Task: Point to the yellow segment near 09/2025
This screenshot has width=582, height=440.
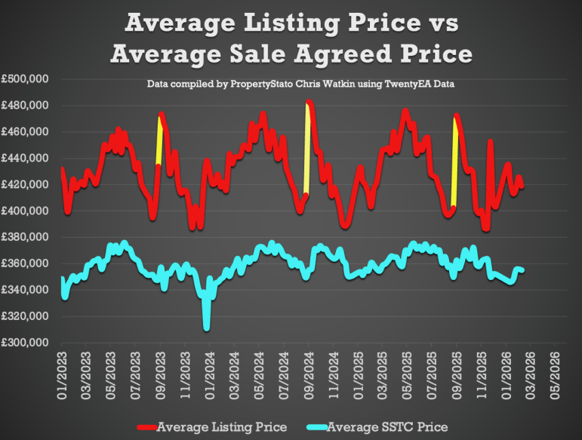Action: point(454,162)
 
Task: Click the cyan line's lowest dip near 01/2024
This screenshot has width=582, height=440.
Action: point(206,327)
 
